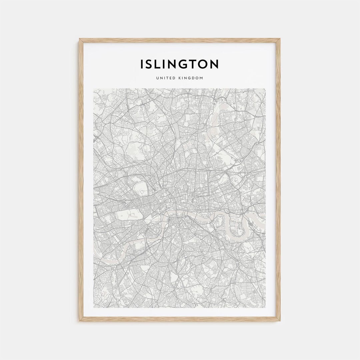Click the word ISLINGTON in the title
pos(179,64)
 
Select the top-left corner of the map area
pos(94,89)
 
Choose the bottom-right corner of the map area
pos(265,308)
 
